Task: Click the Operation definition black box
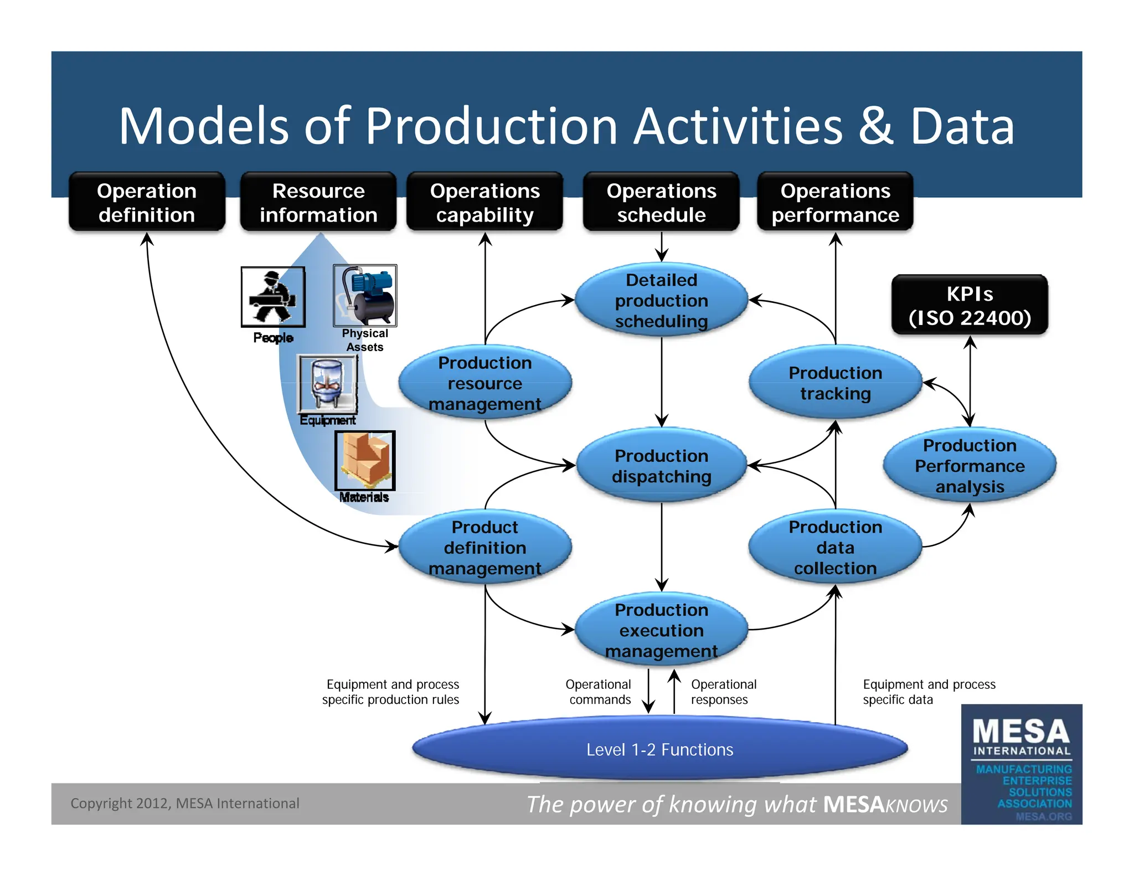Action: (x=147, y=202)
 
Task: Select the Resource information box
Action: (x=318, y=202)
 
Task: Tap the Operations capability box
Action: (x=484, y=202)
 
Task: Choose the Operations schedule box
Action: (x=661, y=202)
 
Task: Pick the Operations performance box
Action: (x=835, y=202)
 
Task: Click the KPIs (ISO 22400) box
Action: (x=970, y=305)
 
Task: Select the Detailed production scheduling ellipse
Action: (x=661, y=300)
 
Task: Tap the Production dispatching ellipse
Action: (x=661, y=466)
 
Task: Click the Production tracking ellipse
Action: (x=835, y=383)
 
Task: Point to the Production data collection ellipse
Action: (x=835, y=547)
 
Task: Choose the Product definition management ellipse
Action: (x=484, y=547)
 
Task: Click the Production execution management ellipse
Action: (x=661, y=630)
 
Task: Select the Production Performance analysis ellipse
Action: (x=970, y=466)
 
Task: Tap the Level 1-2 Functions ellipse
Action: (x=659, y=749)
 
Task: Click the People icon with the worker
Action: (x=273, y=297)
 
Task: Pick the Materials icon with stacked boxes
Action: (x=365, y=460)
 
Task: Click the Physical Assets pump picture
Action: (x=365, y=295)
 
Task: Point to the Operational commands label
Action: (x=599, y=692)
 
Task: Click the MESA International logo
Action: (x=1022, y=764)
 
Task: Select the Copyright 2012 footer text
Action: (x=184, y=803)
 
